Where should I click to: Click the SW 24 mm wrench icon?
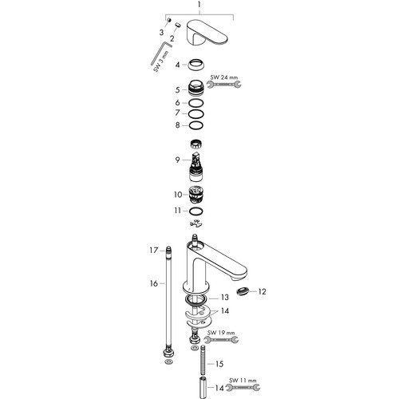click(x=224, y=85)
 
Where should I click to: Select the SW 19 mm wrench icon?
click(x=221, y=339)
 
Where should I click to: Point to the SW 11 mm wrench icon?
click(x=243, y=387)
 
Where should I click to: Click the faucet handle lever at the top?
click(x=208, y=33)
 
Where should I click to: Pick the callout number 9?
click(x=177, y=160)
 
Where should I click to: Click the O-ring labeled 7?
click(x=196, y=114)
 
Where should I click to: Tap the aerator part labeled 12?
click(x=243, y=292)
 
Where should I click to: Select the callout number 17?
click(x=154, y=251)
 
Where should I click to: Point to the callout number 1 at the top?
click(x=199, y=5)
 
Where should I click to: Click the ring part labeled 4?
click(x=196, y=65)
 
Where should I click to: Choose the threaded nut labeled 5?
click(x=196, y=89)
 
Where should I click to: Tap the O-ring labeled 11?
click(x=196, y=211)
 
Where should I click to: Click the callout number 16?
click(x=154, y=283)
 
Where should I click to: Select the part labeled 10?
click(x=196, y=195)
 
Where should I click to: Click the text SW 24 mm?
click(x=224, y=77)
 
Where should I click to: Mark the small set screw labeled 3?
click(x=168, y=20)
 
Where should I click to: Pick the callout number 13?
click(x=225, y=297)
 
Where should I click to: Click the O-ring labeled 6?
click(x=196, y=103)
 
